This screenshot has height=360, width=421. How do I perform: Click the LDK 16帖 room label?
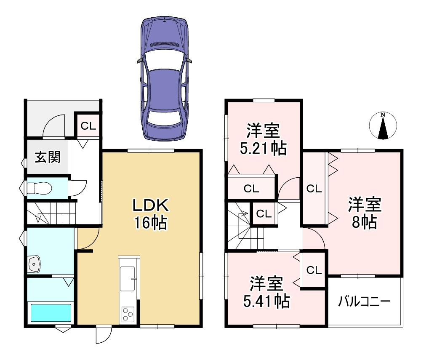[x=151, y=214]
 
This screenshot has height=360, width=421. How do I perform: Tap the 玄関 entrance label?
[x=48, y=157]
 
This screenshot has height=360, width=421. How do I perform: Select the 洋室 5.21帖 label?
[x=263, y=139]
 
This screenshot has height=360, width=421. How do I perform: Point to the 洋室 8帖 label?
[x=364, y=213]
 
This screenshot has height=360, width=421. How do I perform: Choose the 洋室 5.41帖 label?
[x=266, y=292]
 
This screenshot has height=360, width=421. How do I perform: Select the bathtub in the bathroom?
[x=51, y=313]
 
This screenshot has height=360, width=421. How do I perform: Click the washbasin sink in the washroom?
[x=34, y=264]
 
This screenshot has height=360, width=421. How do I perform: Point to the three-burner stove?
[x=128, y=314]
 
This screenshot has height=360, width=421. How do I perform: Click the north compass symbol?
[x=383, y=125]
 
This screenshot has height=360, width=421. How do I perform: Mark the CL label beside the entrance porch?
[x=88, y=126]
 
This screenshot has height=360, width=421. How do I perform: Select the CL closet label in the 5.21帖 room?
[x=251, y=189]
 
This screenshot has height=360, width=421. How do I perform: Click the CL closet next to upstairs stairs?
[x=264, y=214]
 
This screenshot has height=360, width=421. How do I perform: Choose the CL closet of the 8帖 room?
[x=314, y=189]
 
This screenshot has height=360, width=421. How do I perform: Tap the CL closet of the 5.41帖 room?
[x=314, y=270]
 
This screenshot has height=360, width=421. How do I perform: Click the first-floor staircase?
[x=51, y=213]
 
